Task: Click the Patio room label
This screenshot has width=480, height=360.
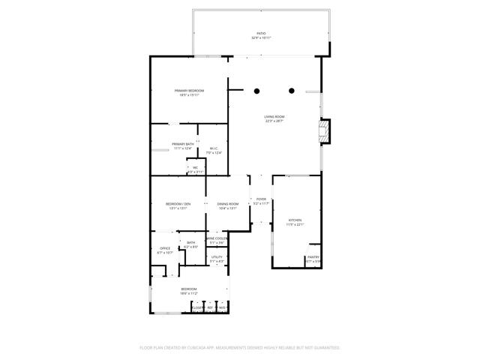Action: (x=261, y=34)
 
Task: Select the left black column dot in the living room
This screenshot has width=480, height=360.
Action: (x=256, y=91)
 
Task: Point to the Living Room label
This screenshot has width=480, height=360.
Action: (x=274, y=118)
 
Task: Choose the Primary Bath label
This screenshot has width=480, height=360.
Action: (x=183, y=145)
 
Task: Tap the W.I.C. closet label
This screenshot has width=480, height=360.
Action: (x=214, y=149)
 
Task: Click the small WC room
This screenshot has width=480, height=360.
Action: (x=195, y=169)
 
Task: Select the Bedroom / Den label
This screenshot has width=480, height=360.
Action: (x=178, y=205)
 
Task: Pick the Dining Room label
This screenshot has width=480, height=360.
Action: (x=228, y=205)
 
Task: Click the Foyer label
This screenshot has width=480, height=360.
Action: (x=261, y=200)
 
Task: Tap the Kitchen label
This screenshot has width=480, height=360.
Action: (x=295, y=221)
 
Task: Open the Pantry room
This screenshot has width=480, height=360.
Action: (x=313, y=259)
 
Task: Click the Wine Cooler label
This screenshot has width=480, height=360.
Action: (x=217, y=239)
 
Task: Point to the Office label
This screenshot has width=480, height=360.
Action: (x=165, y=250)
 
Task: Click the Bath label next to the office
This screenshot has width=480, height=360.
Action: (x=190, y=244)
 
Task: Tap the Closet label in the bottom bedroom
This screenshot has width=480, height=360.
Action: (x=197, y=307)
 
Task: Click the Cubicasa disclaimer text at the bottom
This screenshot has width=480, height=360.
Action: (x=240, y=348)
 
